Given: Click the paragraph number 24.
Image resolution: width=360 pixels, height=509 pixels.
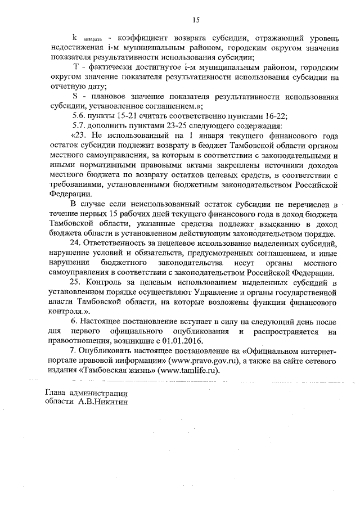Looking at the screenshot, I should coord(75,243).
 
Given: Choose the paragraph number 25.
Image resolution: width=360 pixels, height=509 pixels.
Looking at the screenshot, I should coord(75,282).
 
